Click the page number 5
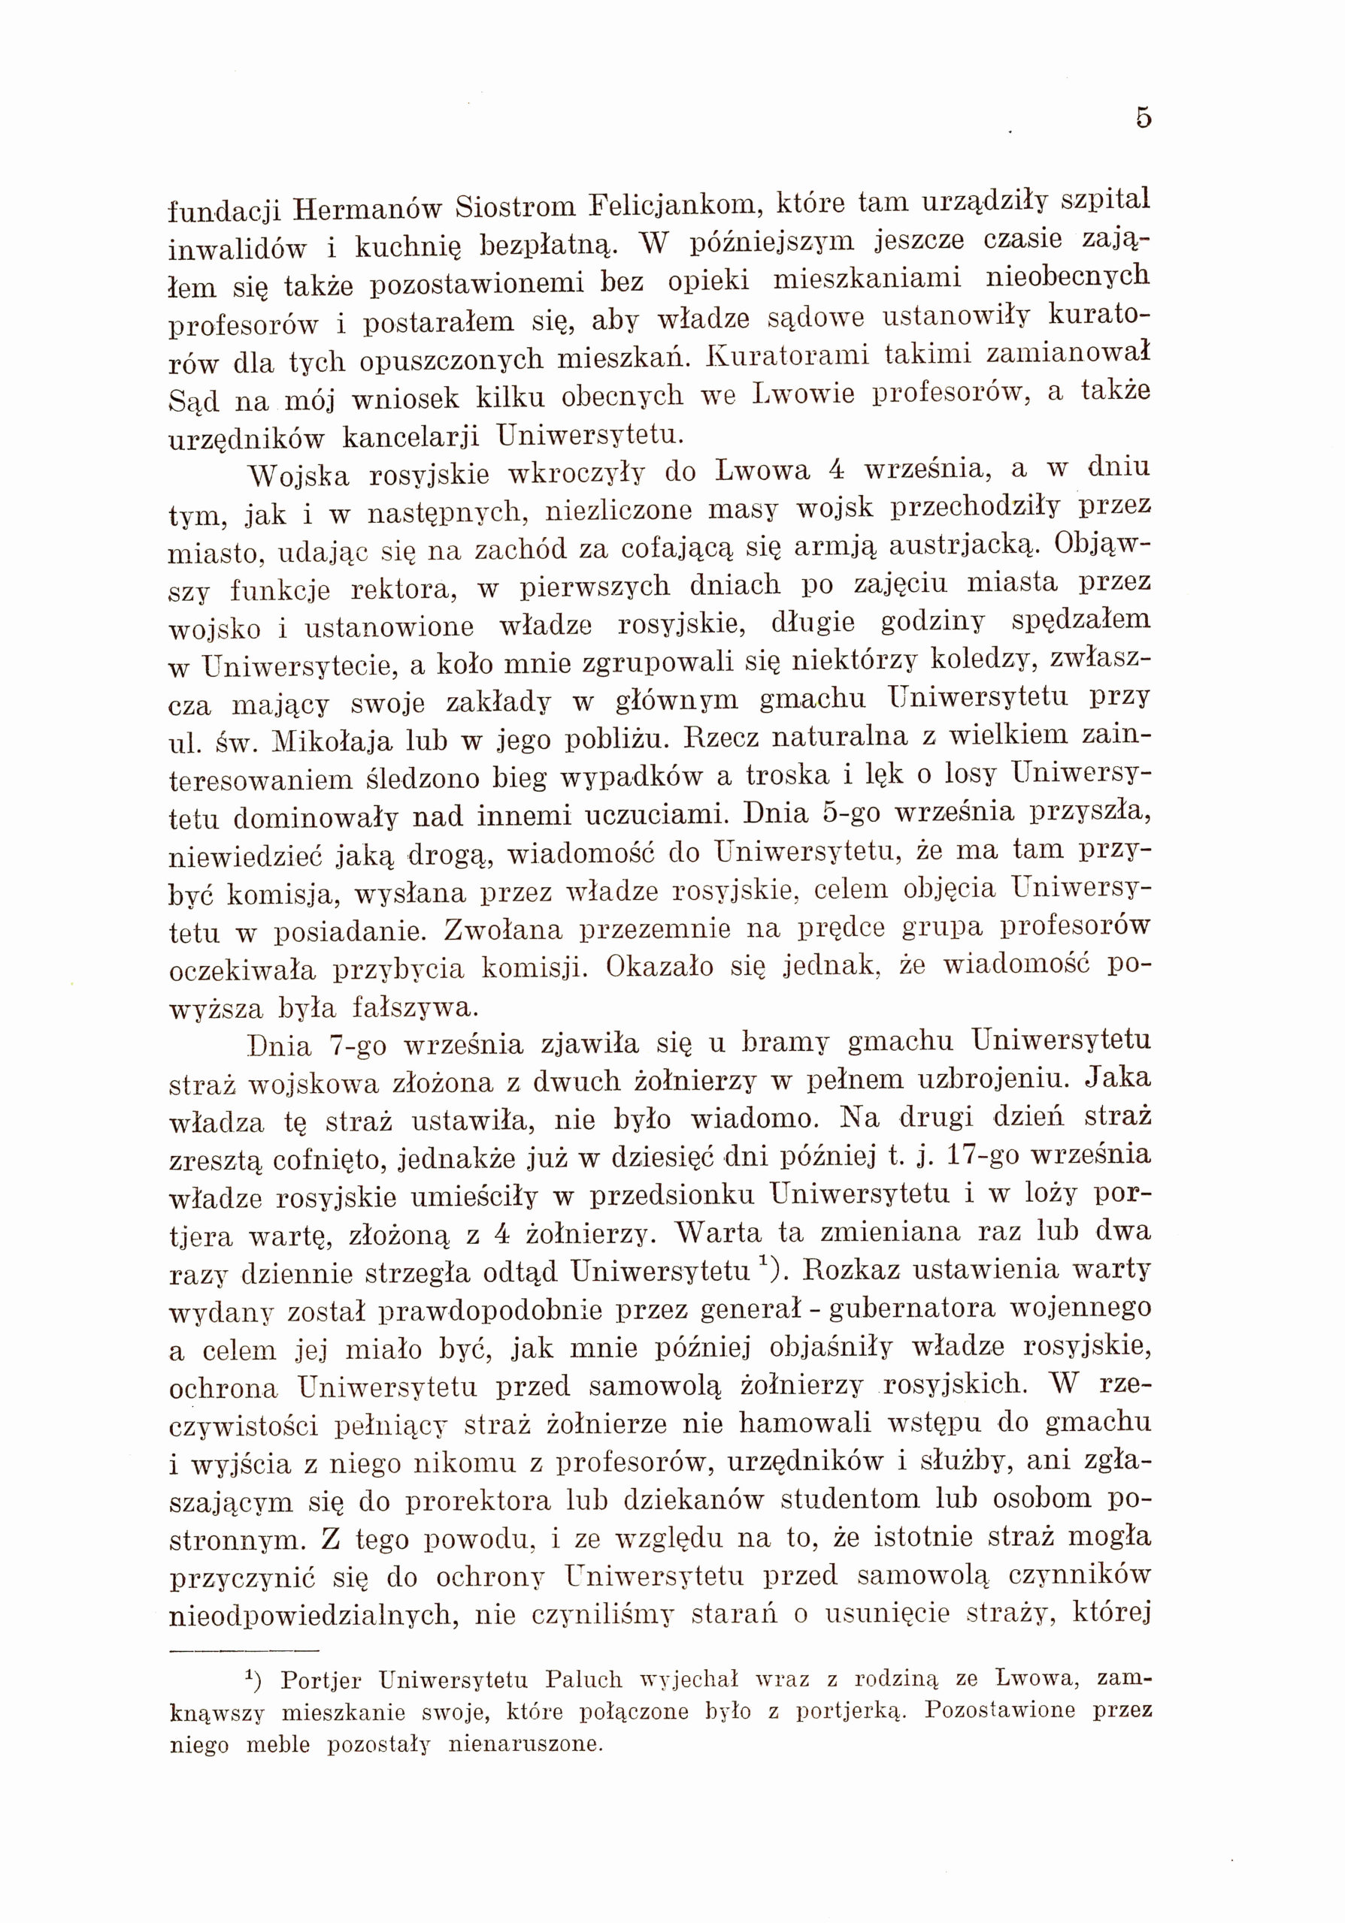[1143, 118]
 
